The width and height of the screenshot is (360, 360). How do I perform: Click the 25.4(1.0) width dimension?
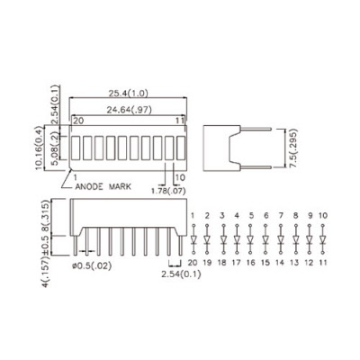click(x=129, y=94)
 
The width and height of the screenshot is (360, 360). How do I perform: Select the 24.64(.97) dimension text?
click(x=130, y=110)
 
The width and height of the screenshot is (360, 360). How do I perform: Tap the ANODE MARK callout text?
click(x=103, y=186)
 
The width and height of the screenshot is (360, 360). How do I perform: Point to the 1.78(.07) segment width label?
click(x=168, y=191)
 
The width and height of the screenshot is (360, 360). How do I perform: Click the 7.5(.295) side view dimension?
click(x=293, y=148)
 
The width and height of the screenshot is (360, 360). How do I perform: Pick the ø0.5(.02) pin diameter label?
click(x=92, y=265)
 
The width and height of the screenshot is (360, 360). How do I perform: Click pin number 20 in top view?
click(x=78, y=121)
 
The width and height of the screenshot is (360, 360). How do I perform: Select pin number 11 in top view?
click(x=180, y=121)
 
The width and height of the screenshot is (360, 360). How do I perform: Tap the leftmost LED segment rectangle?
click(x=76, y=148)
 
